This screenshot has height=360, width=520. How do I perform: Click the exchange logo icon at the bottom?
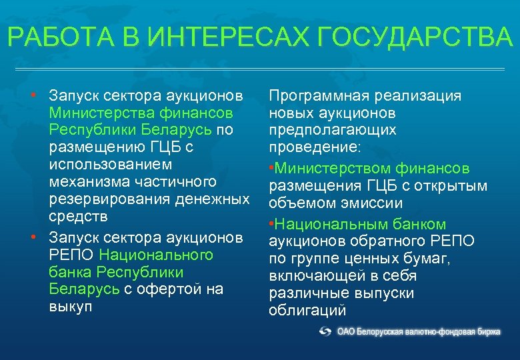pos(325,331)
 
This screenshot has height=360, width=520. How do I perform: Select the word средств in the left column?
pos(77,216)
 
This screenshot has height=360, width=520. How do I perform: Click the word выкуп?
pos(70,307)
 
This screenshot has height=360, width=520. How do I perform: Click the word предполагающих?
pos(332,130)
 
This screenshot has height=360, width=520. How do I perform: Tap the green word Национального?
pos(156,255)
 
